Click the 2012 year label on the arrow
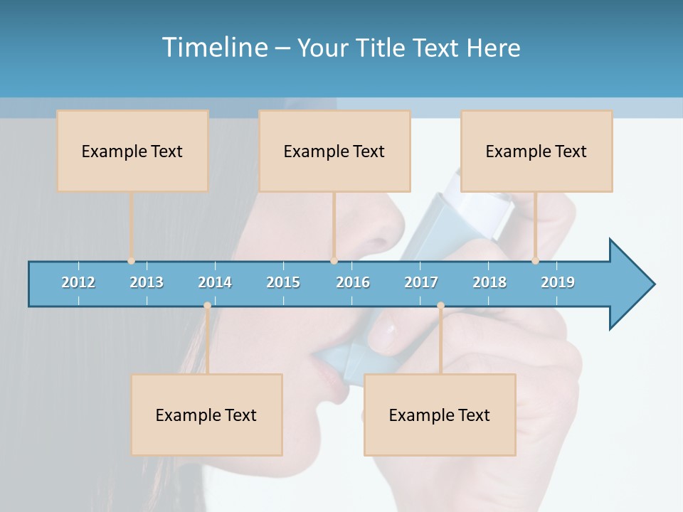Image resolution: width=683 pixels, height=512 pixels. coord(78,282)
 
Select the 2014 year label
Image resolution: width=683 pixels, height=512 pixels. coord(215,282)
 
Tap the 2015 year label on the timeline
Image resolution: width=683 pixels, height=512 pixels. coord(283,282)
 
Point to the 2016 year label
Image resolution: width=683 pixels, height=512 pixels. coord(353,282)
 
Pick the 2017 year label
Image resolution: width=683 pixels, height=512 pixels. coord(421,282)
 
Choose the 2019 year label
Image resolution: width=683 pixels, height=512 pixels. coord(558,282)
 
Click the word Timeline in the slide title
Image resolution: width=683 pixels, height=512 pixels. coord(216,48)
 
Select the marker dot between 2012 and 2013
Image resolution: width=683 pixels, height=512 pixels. coord(131,261)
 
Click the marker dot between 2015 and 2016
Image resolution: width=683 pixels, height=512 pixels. coord(334,261)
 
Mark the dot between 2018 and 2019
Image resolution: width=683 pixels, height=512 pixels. coord(535,261)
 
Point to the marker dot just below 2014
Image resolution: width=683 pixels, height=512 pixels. coord(207,306)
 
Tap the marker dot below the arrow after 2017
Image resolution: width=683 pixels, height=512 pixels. coord(440,306)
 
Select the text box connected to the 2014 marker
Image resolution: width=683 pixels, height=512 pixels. coord(206,415)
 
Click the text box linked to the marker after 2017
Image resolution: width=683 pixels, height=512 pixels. coord(439,415)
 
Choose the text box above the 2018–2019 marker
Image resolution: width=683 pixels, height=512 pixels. coord(536,151)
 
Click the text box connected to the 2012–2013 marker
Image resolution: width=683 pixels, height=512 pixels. coord(132,151)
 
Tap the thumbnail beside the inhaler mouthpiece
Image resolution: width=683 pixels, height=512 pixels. coord(385,329)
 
